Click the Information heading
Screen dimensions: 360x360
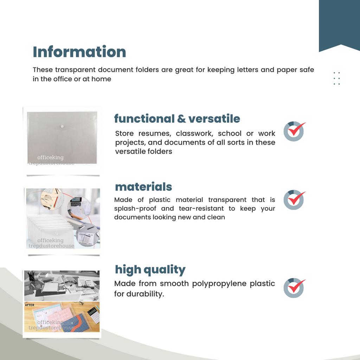click(x=79, y=52)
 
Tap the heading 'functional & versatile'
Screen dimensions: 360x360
click(x=177, y=119)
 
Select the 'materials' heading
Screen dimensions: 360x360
click(x=143, y=187)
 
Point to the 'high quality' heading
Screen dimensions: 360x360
click(x=150, y=270)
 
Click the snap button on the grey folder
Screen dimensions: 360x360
click(x=62, y=126)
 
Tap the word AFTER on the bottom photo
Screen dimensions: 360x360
click(x=30, y=305)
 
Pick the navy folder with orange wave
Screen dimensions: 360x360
click(x=77, y=323)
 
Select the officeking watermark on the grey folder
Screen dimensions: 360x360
click(x=51, y=157)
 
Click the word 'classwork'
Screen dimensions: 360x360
click(x=194, y=134)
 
